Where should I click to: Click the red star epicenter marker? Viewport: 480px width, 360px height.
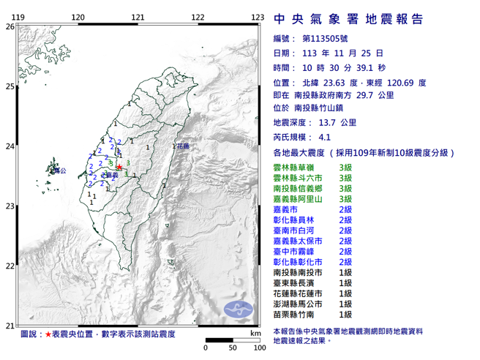[120, 168]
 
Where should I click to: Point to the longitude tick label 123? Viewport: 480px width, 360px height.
[257, 17]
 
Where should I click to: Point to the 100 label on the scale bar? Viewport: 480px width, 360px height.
[258, 348]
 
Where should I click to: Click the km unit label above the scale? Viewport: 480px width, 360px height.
[253, 333]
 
